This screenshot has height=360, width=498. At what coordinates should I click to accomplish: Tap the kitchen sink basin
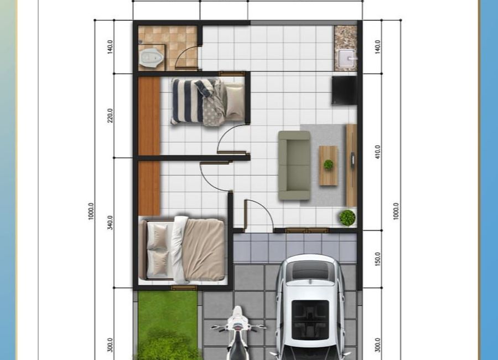point(346,59)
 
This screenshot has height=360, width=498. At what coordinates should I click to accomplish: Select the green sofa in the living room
point(294,166)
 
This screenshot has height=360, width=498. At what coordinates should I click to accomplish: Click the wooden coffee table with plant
point(328,166)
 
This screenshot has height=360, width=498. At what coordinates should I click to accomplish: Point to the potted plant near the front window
point(347,218)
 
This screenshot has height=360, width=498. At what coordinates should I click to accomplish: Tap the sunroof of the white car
point(310,320)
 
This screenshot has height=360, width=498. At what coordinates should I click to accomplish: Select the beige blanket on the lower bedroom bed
point(203,250)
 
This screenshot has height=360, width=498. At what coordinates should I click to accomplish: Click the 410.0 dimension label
point(377,152)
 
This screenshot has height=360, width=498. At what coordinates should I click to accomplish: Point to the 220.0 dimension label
point(110,115)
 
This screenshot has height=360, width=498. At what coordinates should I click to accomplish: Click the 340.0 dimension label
point(110,222)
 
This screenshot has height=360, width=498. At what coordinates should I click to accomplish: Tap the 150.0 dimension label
point(377,259)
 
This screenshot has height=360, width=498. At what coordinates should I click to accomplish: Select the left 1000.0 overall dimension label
point(91,211)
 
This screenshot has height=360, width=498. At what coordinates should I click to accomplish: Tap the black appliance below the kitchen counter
point(344,90)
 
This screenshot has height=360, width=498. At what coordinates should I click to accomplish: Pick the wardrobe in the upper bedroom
point(149,116)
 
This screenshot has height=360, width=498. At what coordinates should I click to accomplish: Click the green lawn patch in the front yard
point(168,325)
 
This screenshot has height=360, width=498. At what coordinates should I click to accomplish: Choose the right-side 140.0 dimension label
point(377,47)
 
